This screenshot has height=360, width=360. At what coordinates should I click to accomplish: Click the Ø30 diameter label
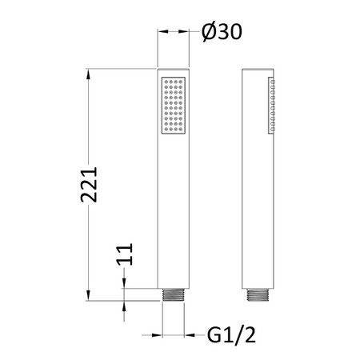[x=222, y=32]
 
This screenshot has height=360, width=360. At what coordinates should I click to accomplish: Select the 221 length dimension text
[x=89, y=185]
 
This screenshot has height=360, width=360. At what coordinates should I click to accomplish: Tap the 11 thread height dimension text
[x=125, y=254]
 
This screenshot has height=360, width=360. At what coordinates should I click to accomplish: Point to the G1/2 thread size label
[x=231, y=335]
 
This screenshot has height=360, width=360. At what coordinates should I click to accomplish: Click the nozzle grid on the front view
[x=174, y=106]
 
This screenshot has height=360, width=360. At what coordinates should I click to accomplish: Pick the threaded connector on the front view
[x=174, y=295]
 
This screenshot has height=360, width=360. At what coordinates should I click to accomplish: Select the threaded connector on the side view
[x=258, y=295]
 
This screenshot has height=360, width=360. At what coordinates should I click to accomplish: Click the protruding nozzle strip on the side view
[x=272, y=106]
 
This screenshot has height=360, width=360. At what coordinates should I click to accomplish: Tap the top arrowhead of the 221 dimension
[x=88, y=74]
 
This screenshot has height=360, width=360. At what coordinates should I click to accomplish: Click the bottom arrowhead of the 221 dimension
[x=88, y=296]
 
